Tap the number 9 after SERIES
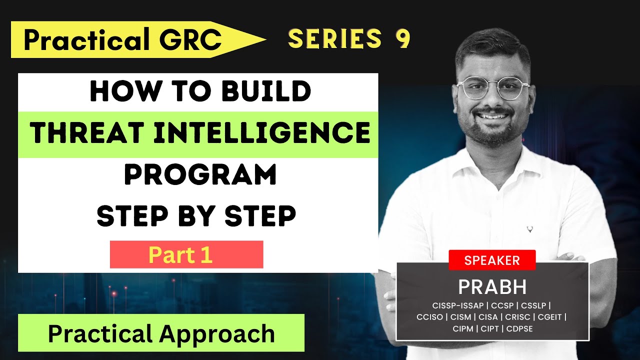[x=403, y=39]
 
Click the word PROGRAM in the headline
[x=200, y=175]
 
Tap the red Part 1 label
[x=186, y=255]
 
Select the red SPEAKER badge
[x=492, y=260]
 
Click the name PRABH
[x=492, y=287]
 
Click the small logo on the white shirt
[x=529, y=230]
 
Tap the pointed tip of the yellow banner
[x=264, y=39]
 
